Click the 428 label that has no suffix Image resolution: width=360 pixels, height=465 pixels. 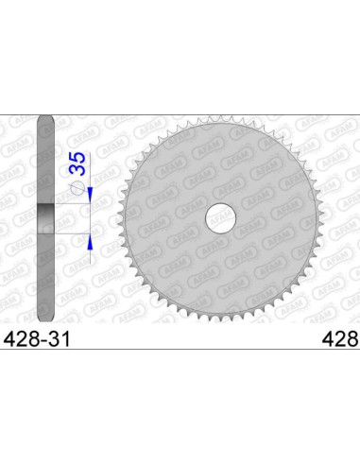[341, 339]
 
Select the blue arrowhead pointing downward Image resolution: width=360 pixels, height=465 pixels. [90, 195]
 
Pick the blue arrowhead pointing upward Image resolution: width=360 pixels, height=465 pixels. [90, 241]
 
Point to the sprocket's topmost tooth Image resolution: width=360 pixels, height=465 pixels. [220, 120]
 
